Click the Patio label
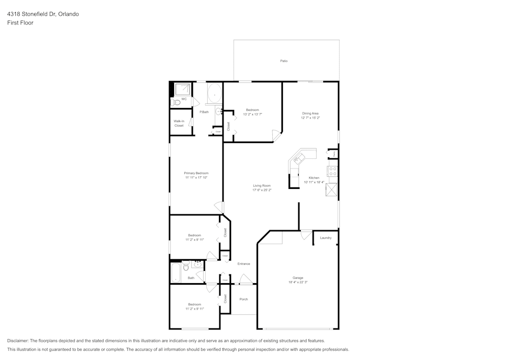point(284,61)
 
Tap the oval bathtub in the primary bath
point(214,94)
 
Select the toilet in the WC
point(177,102)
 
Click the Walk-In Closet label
point(179,123)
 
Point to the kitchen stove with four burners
point(332,171)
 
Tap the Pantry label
point(334,153)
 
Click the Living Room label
point(262,186)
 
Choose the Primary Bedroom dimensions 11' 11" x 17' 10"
point(196,178)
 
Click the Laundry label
point(325,238)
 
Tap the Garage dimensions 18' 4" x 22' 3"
point(298,282)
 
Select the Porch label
point(243,299)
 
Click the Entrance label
point(243,264)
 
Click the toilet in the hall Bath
point(186,265)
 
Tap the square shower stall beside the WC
point(182,90)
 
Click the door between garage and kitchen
point(305,234)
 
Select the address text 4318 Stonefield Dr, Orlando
point(43,14)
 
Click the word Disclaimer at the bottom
point(18,341)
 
